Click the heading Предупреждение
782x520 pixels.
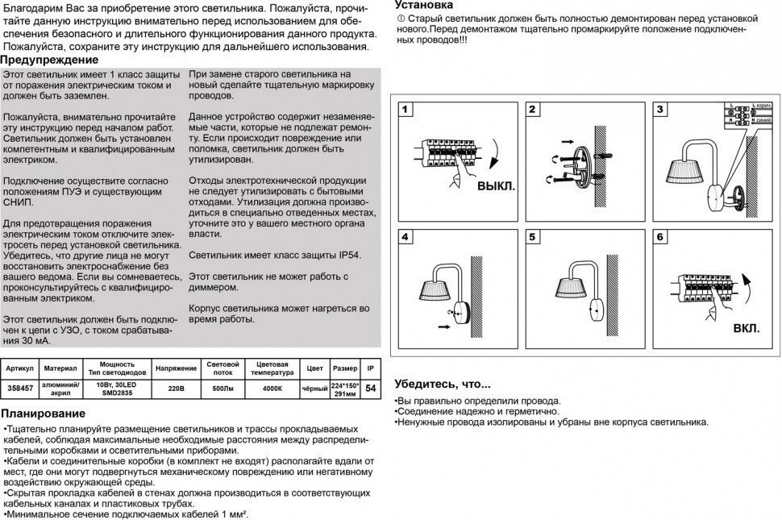click(x=49, y=60)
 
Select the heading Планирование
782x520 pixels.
click(x=44, y=413)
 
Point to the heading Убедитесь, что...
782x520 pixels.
click(x=442, y=384)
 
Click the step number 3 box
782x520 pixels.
click(x=660, y=110)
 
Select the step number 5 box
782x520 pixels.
click(x=533, y=238)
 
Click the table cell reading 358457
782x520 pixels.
click(x=19, y=388)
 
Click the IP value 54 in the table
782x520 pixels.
click(x=370, y=389)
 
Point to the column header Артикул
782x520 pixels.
click(x=19, y=368)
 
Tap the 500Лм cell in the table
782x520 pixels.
click(x=222, y=388)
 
